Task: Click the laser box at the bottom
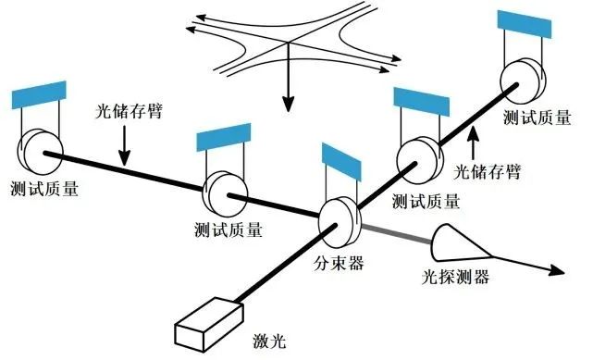coord(205,318)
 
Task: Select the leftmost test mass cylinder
coord(37,149)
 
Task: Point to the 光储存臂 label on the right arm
coord(488,171)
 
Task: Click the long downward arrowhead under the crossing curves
coord(289,100)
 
